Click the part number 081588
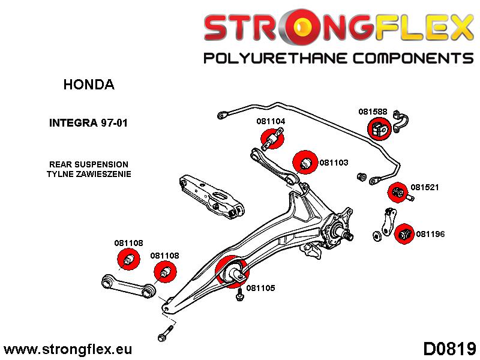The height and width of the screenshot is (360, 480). point(373,111)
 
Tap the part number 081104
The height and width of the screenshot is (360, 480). point(271,121)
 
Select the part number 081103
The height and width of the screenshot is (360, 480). point(334,162)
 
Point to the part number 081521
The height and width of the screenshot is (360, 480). point(425,187)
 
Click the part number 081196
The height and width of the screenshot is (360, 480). point(430,234)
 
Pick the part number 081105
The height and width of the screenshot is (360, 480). point(261,288)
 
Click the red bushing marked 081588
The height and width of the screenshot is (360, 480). point(379,128)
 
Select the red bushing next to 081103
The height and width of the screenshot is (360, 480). point(305,162)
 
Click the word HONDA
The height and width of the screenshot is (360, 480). point(88,85)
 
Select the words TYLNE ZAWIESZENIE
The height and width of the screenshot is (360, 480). point(88,174)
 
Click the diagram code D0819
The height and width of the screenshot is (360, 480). point(449,348)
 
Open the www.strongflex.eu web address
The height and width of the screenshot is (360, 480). point(68,349)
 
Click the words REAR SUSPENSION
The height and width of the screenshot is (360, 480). point(88,164)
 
